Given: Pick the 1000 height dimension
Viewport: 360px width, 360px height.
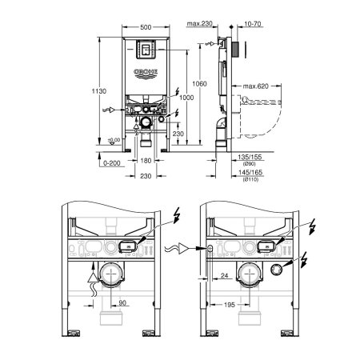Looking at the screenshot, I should pyautogui.click(x=186, y=97).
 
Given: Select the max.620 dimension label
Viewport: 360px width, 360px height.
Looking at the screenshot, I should pyautogui.click(x=255, y=86).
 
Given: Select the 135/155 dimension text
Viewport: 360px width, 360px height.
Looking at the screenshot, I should pyautogui.click(x=249, y=158).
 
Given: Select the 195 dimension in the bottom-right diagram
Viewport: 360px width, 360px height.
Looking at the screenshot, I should pyautogui.click(x=230, y=304).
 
